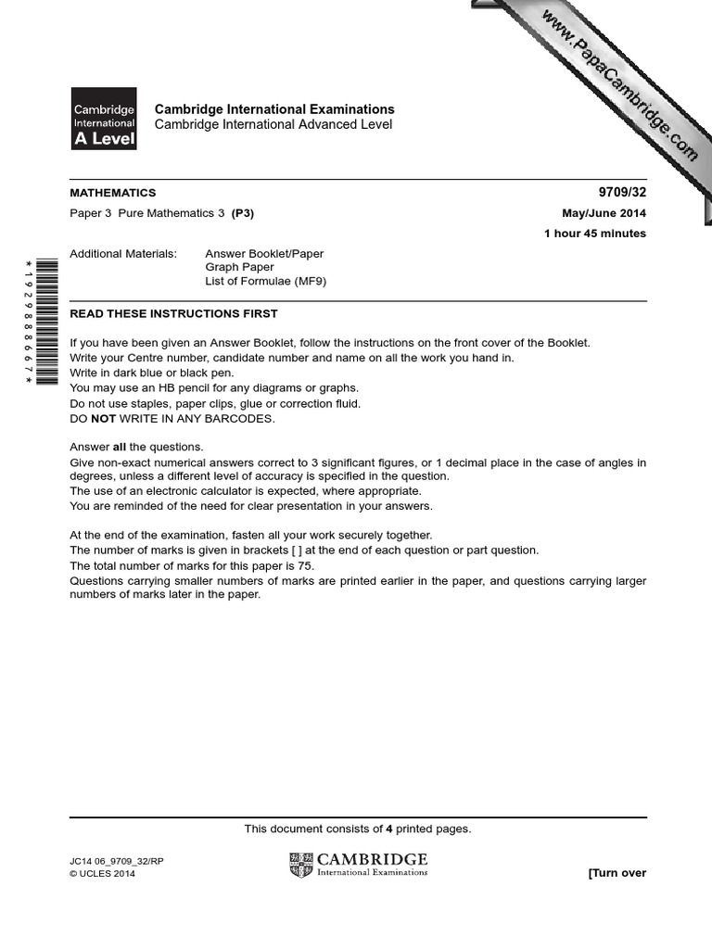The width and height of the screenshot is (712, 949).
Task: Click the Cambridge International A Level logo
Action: click(104, 119)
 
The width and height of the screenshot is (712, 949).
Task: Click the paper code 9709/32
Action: click(625, 193)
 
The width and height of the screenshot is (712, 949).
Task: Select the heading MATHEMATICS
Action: click(113, 193)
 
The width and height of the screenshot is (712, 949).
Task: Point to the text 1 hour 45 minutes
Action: click(595, 234)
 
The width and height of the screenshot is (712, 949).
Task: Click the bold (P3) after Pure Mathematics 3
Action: click(242, 213)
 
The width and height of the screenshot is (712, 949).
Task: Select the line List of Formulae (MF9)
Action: click(266, 282)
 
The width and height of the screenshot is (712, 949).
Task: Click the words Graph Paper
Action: click(239, 267)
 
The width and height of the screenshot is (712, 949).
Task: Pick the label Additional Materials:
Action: click(123, 253)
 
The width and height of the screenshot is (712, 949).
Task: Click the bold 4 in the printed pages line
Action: click(389, 829)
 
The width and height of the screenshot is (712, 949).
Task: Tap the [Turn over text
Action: click(617, 873)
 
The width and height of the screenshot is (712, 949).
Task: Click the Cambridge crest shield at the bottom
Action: click(301, 865)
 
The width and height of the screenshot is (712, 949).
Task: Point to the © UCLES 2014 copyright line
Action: click(102, 874)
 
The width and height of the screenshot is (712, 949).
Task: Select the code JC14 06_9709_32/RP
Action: click(117, 861)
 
